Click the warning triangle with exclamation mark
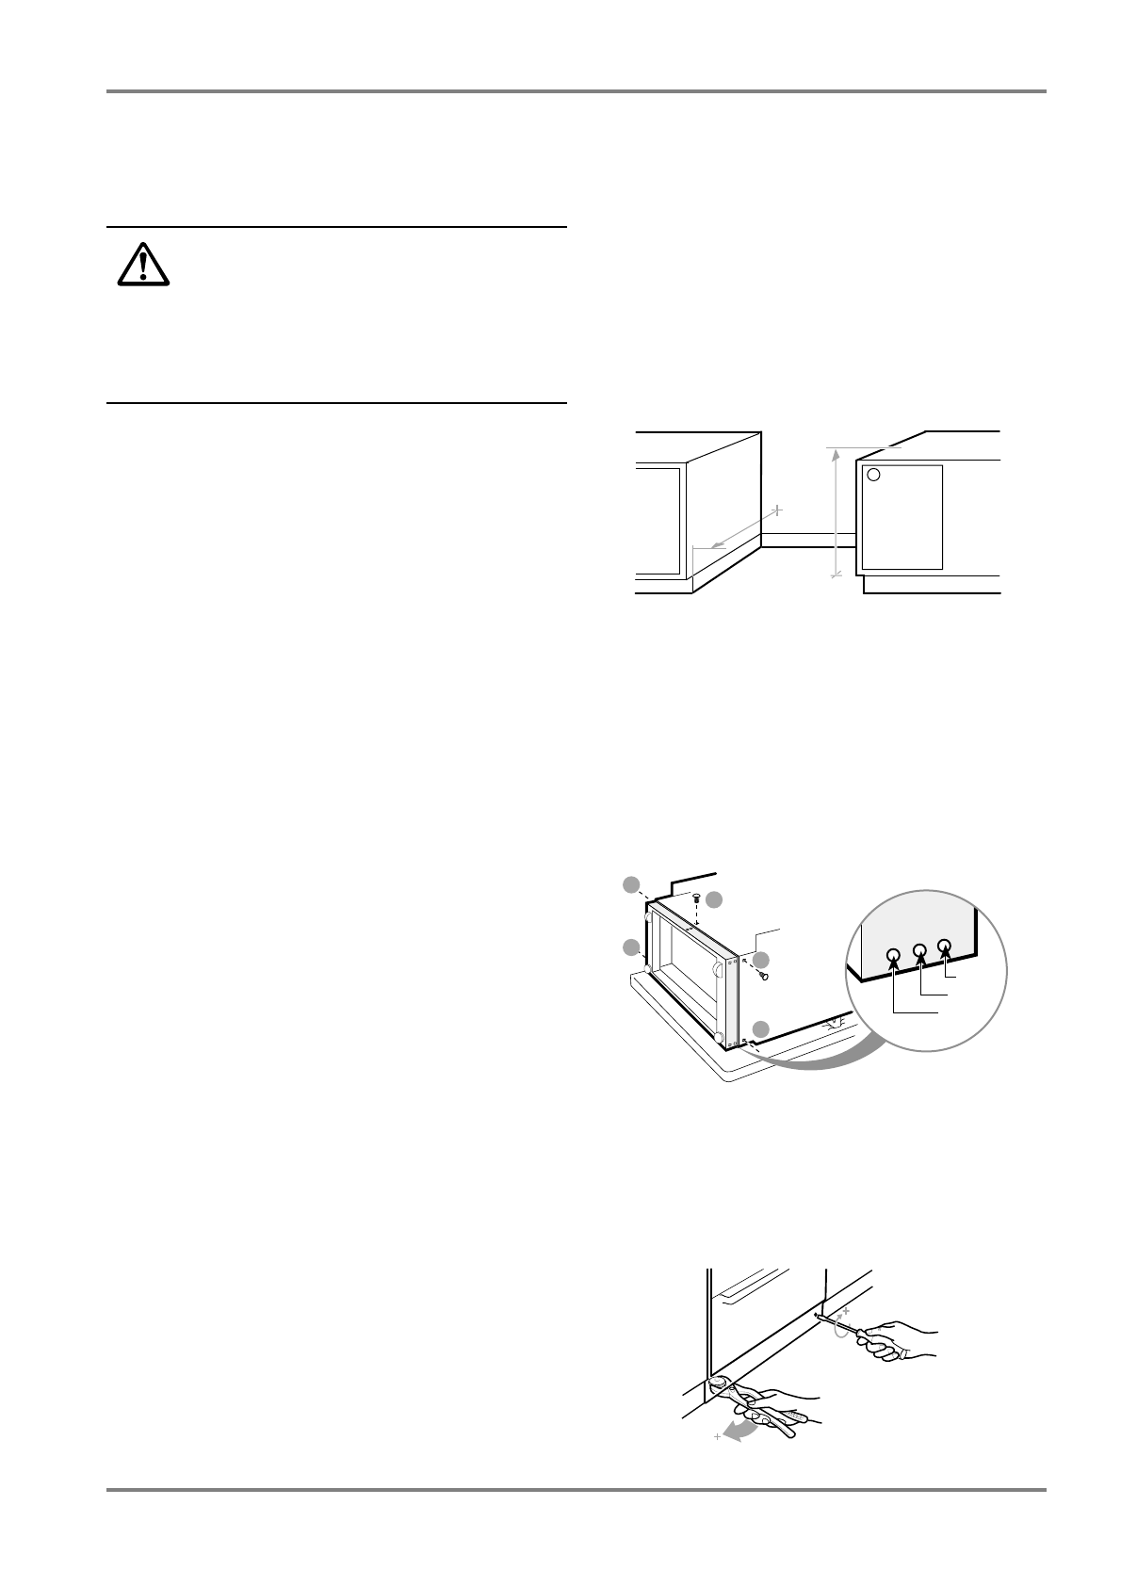(x=143, y=266)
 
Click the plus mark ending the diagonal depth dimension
(x=777, y=510)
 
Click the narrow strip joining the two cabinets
(x=807, y=539)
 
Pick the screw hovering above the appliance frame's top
(x=696, y=898)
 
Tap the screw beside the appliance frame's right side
(x=765, y=976)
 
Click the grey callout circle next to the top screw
(x=715, y=899)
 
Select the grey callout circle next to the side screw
(x=761, y=960)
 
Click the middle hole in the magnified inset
(x=920, y=951)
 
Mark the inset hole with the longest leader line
(x=894, y=957)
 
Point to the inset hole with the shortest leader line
(x=945, y=946)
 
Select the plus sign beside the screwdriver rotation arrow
(x=846, y=1310)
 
